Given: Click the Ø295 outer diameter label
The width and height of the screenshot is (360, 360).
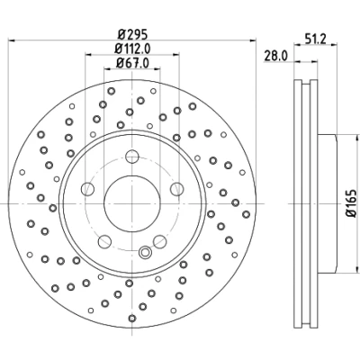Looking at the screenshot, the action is coord(132,34).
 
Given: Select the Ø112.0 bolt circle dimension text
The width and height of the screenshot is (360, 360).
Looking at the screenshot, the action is coord(132,49).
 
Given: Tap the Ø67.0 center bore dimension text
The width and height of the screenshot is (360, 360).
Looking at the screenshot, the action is coord(132,63).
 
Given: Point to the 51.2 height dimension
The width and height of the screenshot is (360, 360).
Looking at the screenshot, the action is coord(315,39).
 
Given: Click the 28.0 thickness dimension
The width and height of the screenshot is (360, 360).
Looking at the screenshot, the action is coord(275,56).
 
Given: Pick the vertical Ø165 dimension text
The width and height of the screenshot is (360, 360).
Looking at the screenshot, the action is coord(351,202).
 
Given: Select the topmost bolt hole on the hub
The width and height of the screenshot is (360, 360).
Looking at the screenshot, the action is coord(132,157).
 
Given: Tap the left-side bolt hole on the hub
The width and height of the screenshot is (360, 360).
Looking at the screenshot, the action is coord(87,189).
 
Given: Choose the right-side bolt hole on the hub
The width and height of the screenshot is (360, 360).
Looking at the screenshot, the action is coord(176,189).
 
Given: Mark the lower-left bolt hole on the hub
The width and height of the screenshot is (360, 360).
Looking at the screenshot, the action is coord(104,241).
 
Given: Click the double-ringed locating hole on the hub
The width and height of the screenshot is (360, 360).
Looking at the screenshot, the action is coord(145,252).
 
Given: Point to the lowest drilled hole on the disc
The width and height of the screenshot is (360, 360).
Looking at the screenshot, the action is coord(132,318).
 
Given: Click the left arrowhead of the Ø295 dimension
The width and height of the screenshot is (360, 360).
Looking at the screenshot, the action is coord(12,40).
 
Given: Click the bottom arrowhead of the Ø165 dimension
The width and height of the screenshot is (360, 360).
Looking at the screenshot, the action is coord(357,269).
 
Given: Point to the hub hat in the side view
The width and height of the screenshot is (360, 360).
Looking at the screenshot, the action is coord(327,203).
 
